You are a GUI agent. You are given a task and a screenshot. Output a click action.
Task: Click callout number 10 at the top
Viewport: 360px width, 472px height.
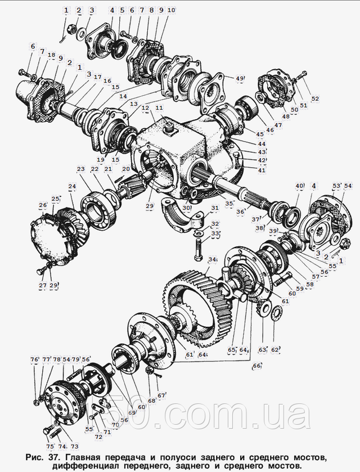[171, 10]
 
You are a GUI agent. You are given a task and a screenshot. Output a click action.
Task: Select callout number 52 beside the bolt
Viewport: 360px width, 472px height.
[315, 99]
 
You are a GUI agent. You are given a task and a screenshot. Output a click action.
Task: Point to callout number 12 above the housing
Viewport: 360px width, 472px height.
[145, 107]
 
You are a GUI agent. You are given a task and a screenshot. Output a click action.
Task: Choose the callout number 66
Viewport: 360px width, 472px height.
[257, 366]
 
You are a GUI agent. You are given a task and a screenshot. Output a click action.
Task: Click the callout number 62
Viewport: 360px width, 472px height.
[274, 349]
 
